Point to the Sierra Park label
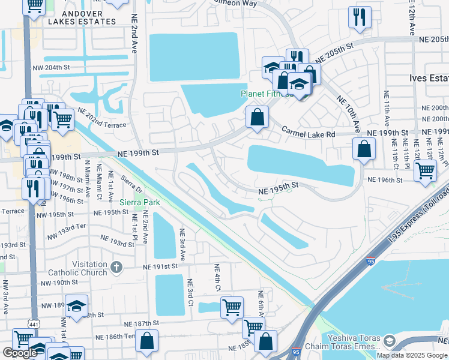(140, 202)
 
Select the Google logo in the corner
(20, 353)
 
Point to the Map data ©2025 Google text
(412, 355)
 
